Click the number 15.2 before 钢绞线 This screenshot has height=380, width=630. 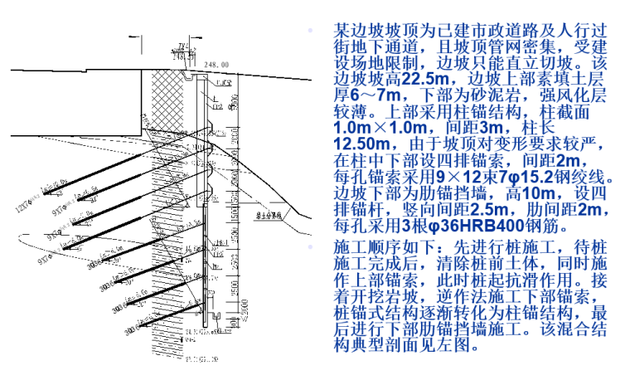click(539, 178)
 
